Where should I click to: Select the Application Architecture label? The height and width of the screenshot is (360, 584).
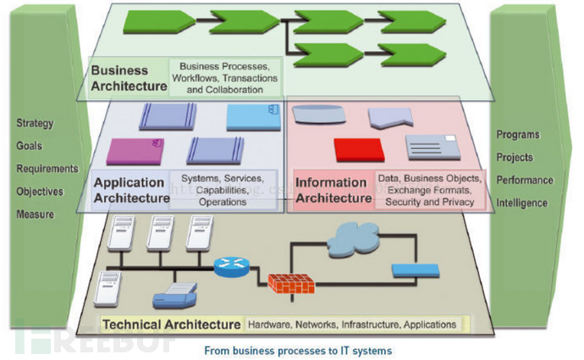click(x=130, y=191)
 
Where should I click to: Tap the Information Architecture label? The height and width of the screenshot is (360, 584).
click(x=333, y=191)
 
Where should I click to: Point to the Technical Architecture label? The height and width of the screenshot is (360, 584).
click(x=171, y=324)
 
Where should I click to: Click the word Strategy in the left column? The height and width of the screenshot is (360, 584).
click(x=35, y=123)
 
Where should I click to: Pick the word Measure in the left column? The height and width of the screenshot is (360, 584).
click(x=35, y=214)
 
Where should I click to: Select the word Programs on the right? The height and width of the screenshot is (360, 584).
click(x=518, y=135)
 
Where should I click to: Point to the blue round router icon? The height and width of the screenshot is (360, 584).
click(x=229, y=268)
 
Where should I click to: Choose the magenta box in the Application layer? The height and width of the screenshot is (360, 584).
click(x=135, y=151)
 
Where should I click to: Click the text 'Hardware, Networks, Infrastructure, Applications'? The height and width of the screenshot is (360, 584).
click(x=352, y=324)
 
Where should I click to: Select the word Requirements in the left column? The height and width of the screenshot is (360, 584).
click(x=47, y=169)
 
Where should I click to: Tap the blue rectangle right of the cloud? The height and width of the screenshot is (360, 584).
click(x=416, y=271)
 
